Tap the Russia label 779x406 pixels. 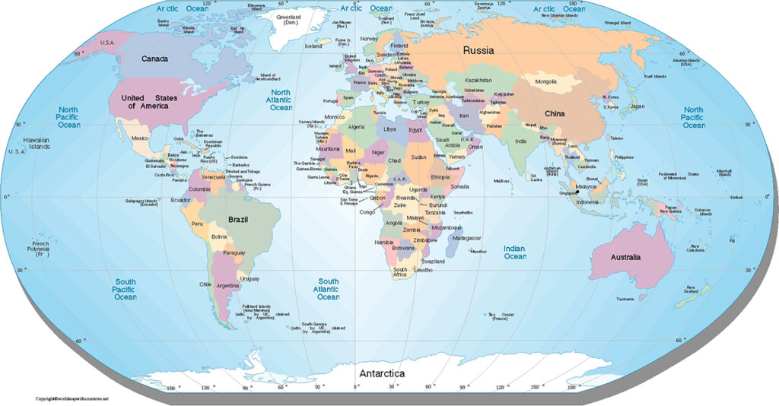pos(479,50)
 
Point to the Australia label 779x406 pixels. pos(629,257)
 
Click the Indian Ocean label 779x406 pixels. pos(515,252)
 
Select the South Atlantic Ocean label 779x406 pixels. pos(329,289)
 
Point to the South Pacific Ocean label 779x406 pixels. pos(126,290)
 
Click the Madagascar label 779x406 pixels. pos(466,238)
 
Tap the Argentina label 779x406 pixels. pos(228,285)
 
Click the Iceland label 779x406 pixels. pos(313,46)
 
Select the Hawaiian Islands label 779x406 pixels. pos(36,144)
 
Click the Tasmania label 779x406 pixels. pos(625,299)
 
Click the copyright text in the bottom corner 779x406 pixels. pos(72,399)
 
